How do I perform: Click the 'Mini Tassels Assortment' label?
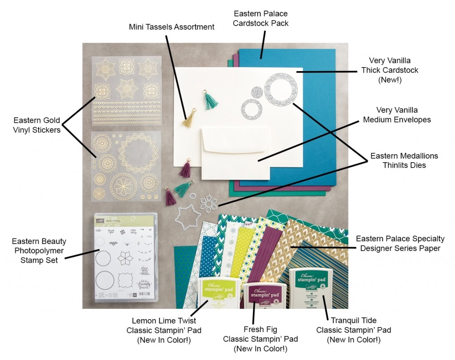[x=172, y=27]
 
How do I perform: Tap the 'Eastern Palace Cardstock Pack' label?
[x=261, y=18]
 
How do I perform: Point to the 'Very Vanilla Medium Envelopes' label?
[x=397, y=114]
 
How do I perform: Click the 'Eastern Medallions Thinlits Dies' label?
[x=404, y=160]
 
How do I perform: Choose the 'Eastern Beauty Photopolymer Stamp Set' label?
[x=39, y=251]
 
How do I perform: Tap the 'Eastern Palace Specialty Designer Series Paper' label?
[x=400, y=244]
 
